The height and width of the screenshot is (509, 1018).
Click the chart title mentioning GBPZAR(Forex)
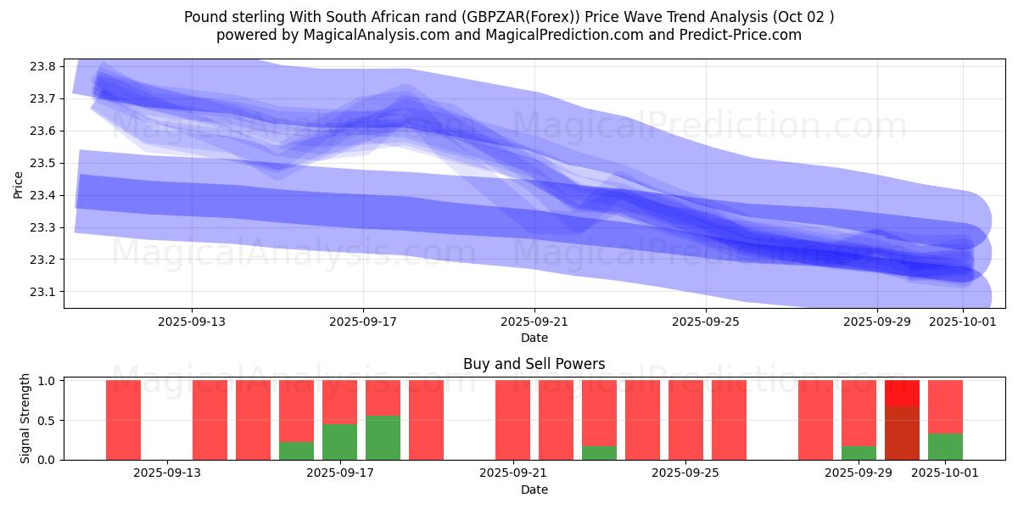click(508, 17)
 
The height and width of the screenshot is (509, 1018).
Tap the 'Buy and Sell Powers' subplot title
click(534, 364)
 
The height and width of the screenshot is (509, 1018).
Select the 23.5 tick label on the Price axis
click(42, 163)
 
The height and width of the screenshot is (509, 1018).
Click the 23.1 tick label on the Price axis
click(42, 292)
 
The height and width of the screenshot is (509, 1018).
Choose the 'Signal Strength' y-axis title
click(25, 418)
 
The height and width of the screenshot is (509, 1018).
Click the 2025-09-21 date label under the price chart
click(534, 322)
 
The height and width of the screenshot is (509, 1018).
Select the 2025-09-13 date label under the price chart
click(191, 322)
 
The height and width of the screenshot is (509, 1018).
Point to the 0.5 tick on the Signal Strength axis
click(47, 420)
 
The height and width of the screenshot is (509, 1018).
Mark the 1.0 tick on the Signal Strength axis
click(47, 381)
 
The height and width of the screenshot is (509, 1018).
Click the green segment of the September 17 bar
click(339, 442)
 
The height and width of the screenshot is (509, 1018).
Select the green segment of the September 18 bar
click(383, 438)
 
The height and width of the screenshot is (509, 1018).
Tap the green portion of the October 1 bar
click(945, 446)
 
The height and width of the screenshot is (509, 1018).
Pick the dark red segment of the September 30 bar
click(902, 433)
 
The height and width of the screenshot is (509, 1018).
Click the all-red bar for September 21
click(512, 420)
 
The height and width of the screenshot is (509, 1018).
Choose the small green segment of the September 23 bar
click(599, 453)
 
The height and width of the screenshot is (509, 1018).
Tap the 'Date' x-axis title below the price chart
click(534, 338)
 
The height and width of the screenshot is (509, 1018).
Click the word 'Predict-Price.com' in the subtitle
click(746, 35)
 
